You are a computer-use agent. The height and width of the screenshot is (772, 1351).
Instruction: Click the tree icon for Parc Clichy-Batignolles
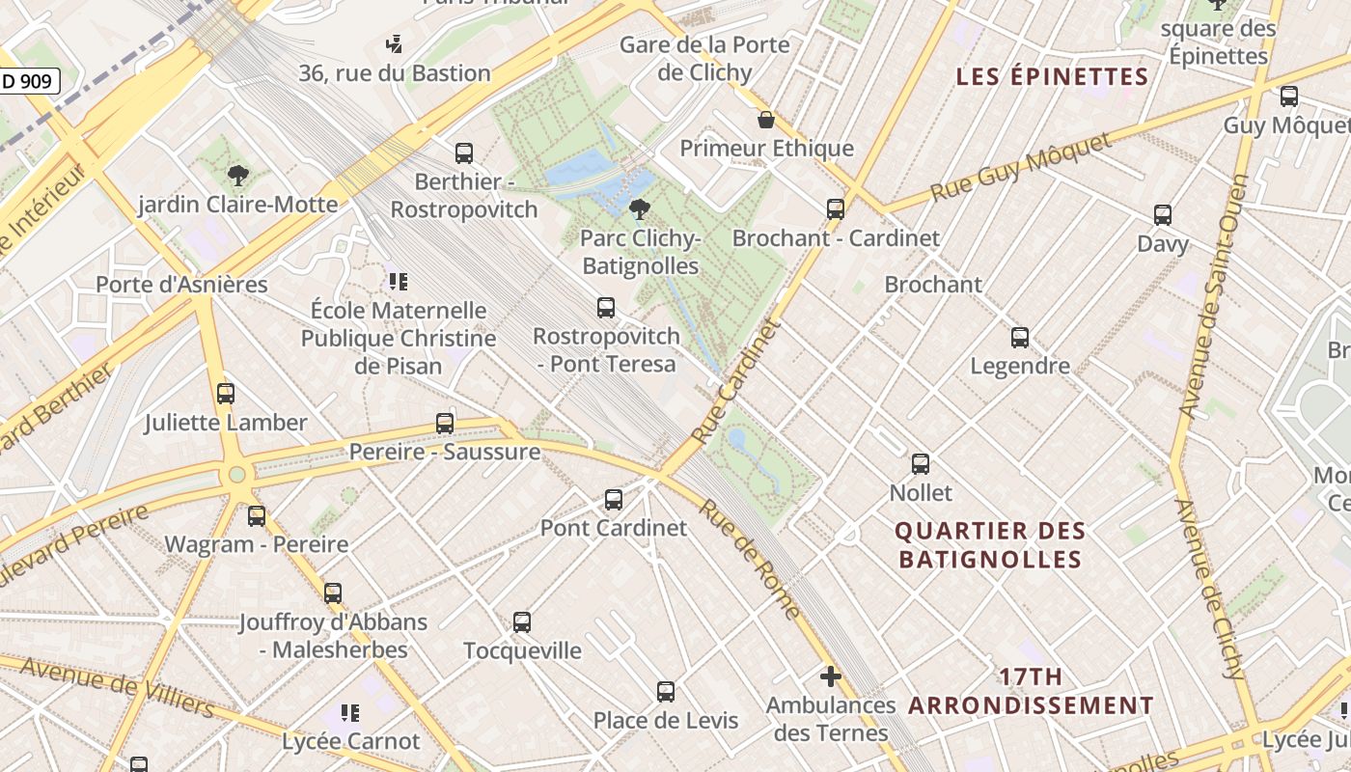(639, 209)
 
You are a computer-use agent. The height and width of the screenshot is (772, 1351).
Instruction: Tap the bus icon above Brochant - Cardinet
(836, 208)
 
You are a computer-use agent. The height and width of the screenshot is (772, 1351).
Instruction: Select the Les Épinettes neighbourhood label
(1052, 77)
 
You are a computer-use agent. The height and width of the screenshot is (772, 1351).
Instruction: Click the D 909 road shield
(28, 82)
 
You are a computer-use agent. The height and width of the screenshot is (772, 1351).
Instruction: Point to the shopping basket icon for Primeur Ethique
(766, 120)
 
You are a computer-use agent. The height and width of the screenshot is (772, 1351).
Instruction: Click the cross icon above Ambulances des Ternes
(830, 676)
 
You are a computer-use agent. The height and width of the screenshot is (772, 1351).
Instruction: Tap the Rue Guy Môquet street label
(1021, 167)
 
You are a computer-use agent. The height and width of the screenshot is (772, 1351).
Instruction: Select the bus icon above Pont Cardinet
(614, 500)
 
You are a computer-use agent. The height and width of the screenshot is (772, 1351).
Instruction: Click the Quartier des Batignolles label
(990, 545)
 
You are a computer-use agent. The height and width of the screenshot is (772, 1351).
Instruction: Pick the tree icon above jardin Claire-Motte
(237, 176)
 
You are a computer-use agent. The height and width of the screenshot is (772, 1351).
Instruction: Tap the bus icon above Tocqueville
(522, 622)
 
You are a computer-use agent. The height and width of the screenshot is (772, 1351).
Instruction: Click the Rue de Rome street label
(750, 560)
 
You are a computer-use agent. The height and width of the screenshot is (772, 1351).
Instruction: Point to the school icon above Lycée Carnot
(350, 713)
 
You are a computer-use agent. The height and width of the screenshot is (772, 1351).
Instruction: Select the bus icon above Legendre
(1020, 338)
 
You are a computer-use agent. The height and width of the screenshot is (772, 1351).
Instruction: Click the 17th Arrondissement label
(1031, 691)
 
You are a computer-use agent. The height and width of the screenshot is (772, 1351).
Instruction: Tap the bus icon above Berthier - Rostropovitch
(464, 153)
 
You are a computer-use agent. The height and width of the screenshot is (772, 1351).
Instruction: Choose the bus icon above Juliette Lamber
(226, 394)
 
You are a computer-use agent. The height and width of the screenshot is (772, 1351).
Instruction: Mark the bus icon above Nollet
(921, 464)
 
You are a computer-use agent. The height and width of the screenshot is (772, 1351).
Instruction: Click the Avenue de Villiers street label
(116, 686)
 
